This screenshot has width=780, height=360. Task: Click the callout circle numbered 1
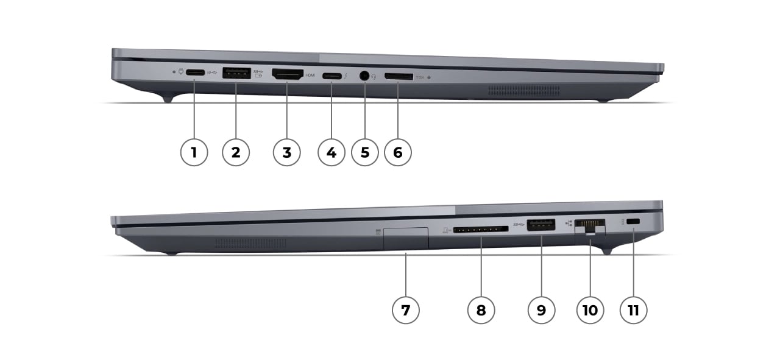pyautogui.click(x=194, y=152)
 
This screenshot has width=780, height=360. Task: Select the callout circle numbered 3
pyautogui.click(x=286, y=152)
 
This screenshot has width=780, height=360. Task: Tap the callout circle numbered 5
pyautogui.click(x=365, y=152)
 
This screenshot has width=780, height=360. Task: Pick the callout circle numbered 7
pyautogui.click(x=406, y=310)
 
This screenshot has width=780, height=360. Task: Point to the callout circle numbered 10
pyautogui.click(x=590, y=310)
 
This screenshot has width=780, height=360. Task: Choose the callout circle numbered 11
pyautogui.click(x=633, y=310)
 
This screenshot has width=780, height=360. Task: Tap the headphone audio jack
pyautogui.click(x=364, y=76)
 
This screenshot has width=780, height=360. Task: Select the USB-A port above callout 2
pyautogui.click(x=237, y=74)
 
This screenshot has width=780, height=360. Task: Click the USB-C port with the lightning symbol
pyautogui.click(x=332, y=76)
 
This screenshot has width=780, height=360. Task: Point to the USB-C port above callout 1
pyautogui.click(x=195, y=74)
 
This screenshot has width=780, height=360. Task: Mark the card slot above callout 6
pyautogui.click(x=398, y=77)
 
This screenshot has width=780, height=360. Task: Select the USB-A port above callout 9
pyautogui.click(x=541, y=224)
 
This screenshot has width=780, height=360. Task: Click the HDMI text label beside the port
pyautogui.click(x=310, y=76)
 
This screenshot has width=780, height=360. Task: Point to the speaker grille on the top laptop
pyautogui.click(x=523, y=90)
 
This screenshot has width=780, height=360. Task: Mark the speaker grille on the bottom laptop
pyautogui.click(x=250, y=243)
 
